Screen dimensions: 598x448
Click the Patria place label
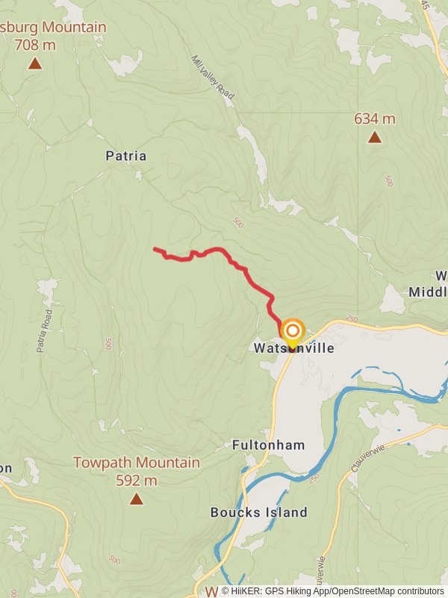[125, 156]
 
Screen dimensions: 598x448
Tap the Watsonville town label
[293, 348]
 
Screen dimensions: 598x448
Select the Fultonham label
[268, 445]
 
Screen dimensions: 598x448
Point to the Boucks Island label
[258, 512]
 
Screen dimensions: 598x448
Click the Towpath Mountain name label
[137, 463]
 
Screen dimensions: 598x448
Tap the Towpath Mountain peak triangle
[136, 499]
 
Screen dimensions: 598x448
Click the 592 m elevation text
[137, 481]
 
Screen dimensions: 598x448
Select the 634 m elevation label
[374, 119]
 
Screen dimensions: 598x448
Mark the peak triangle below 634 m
[374, 138]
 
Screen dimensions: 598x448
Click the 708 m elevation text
[35, 45]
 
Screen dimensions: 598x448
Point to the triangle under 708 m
[35, 64]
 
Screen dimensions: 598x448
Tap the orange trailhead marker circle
[292, 330]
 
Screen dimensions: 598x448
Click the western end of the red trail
[155, 249]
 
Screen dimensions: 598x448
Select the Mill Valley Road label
[213, 77]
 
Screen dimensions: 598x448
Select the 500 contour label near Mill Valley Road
[238, 222]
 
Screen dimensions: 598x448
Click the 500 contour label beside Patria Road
[108, 344]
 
